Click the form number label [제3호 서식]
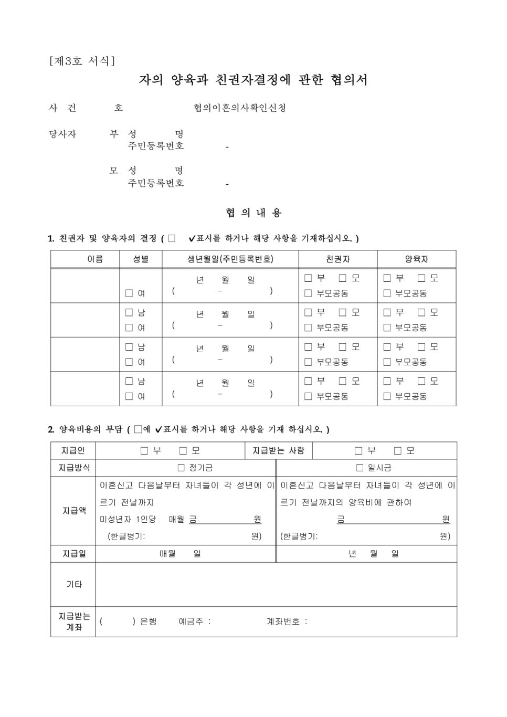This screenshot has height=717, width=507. tap(82, 61)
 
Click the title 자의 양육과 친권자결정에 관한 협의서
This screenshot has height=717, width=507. tap(253, 80)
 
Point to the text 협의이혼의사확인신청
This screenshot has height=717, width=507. tap(240, 108)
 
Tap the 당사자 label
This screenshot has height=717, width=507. tap(62, 134)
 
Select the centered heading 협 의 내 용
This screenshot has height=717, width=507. tap(254, 213)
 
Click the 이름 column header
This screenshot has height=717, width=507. tap(95, 259)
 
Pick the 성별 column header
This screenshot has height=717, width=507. tap(141, 259)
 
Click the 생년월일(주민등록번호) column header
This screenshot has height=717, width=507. tap(230, 259)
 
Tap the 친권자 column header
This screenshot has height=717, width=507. tap(337, 259)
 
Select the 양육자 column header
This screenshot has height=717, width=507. tap(416, 259)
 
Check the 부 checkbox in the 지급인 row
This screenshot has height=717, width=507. tap(144, 451)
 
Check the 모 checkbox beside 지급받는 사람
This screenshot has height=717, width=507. tap(398, 451)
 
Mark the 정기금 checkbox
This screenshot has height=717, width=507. tap(181, 468)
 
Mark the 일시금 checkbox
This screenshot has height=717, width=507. tap(360, 468)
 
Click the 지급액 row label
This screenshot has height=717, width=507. tap(73, 511)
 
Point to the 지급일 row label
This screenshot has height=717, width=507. tap(73, 554)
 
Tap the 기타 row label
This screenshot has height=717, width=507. tap(73, 584)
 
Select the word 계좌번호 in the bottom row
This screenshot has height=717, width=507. tap(283, 621)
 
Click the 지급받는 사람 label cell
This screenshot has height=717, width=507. tap(278, 451)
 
